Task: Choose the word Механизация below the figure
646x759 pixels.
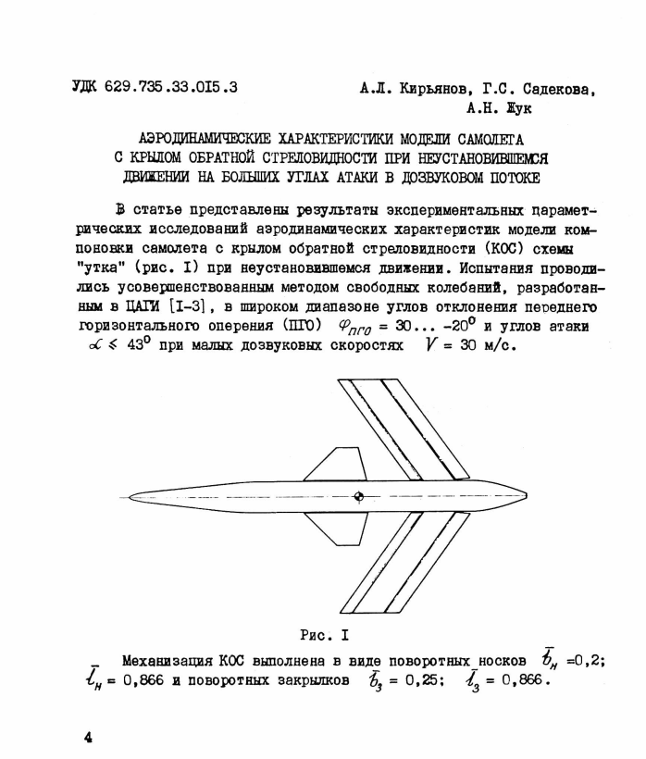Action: point(168,660)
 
